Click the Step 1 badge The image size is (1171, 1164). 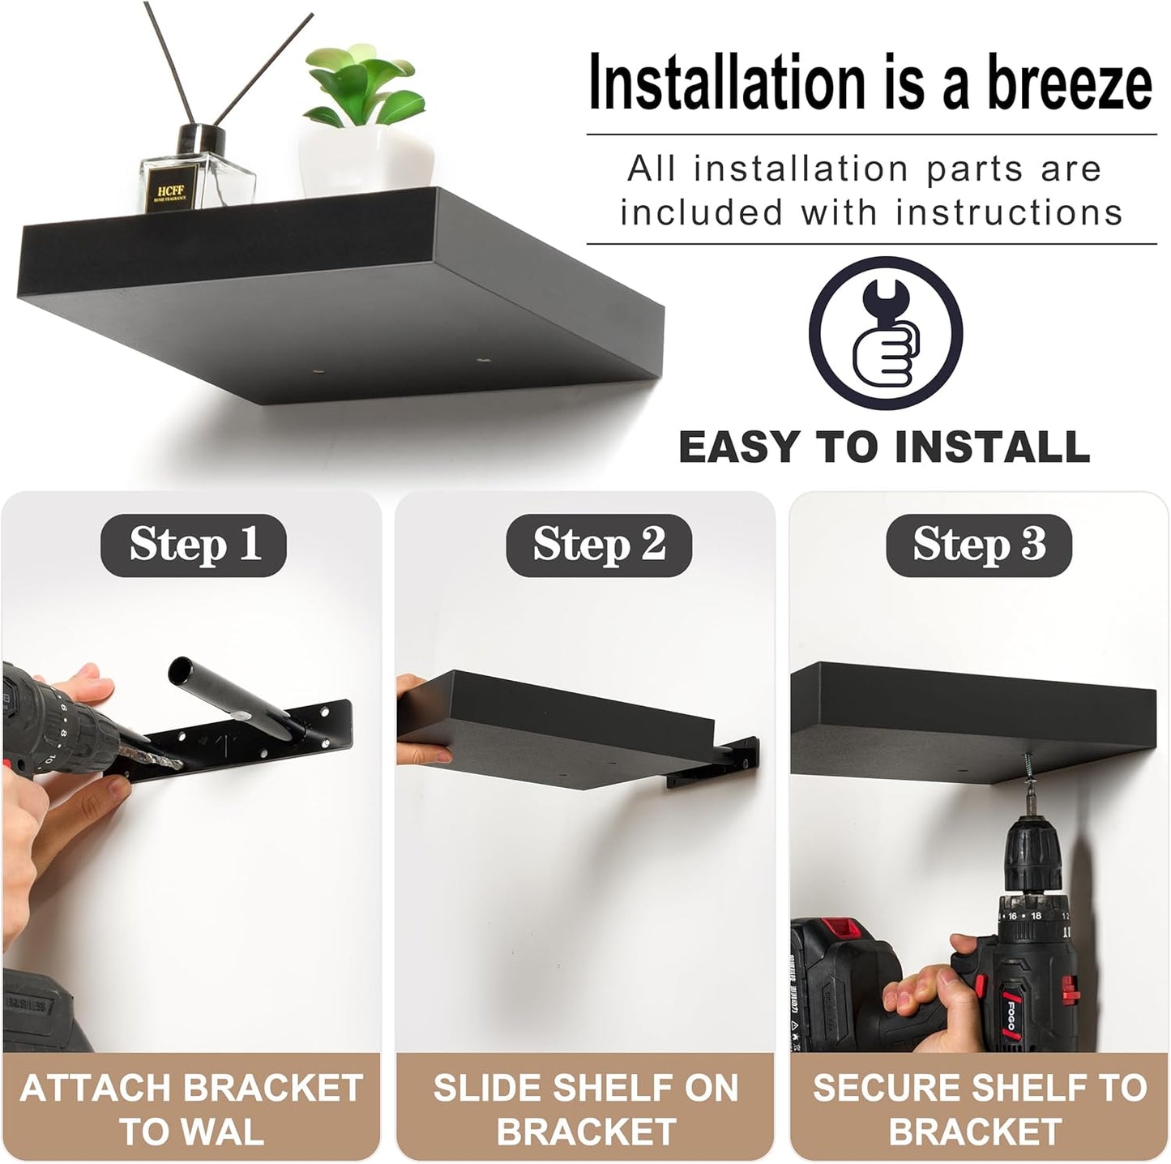coord(194,544)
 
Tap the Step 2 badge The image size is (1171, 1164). coord(599,544)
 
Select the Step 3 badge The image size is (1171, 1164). coord(979,544)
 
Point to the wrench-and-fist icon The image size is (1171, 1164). coord(885,332)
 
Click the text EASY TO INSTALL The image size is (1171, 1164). coord(884,447)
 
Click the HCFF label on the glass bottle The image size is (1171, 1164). coord(167,193)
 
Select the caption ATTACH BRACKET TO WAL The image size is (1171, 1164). coord(191,1109)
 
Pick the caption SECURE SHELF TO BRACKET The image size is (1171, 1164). coord(979,1109)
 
